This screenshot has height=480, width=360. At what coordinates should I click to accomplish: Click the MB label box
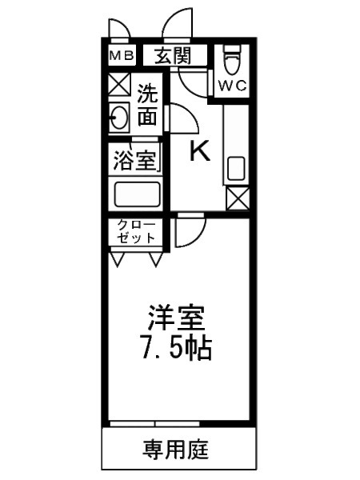pos(122,56)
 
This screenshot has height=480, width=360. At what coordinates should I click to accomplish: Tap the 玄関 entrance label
pos(174,56)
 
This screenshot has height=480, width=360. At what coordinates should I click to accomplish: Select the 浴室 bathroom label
pos(134,160)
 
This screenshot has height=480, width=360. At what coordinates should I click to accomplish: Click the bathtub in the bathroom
pos(137,194)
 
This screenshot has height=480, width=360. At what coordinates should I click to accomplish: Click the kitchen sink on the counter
pos(237,170)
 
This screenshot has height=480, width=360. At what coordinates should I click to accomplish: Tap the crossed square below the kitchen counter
pos(237,198)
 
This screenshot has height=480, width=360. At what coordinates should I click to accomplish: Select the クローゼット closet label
pos(136,231)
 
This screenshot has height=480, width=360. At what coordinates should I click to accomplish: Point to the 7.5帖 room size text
pos(178,348)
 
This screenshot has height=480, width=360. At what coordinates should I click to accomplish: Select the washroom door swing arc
pos(182,120)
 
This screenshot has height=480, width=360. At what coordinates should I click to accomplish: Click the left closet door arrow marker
pos(118,259)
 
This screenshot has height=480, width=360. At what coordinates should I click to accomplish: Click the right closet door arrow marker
pos(155,259)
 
